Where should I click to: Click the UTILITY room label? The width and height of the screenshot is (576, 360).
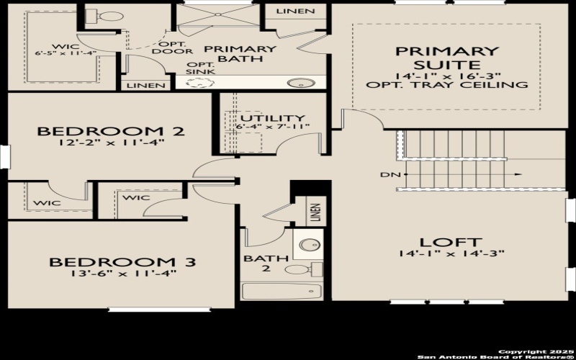click(x=272, y=118)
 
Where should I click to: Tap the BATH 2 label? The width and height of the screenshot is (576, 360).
click(x=256, y=264)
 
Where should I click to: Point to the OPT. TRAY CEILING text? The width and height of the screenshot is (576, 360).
click(x=446, y=85)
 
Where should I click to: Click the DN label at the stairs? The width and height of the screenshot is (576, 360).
click(x=386, y=175)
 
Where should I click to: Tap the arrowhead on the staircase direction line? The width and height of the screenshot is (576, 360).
click(x=517, y=175)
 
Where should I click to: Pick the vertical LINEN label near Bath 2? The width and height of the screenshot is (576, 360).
click(x=315, y=213)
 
